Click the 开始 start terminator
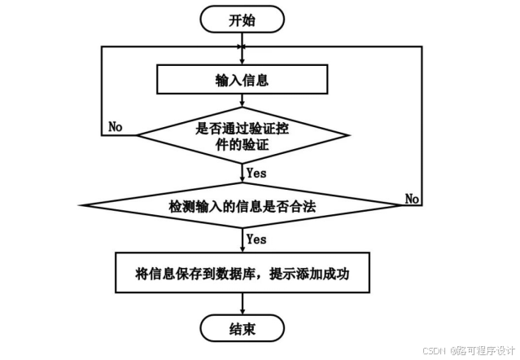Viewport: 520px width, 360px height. (x=242, y=20)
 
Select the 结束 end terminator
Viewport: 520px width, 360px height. (x=242, y=328)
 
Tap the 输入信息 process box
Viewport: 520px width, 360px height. (x=242, y=80)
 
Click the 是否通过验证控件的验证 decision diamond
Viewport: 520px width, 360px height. (x=243, y=135)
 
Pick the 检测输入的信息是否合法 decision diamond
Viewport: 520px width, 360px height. (x=242, y=205)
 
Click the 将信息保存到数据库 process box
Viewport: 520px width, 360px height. (x=243, y=273)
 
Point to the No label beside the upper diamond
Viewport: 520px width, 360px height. (x=116, y=127)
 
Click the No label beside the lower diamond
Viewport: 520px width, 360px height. (x=412, y=199)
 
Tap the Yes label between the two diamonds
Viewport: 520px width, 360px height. (x=256, y=173)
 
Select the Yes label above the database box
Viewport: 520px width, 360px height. (x=256, y=239)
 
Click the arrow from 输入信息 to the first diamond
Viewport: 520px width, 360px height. (x=243, y=100)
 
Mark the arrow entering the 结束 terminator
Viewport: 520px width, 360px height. (x=243, y=304)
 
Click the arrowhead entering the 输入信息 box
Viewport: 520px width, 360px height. (x=243, y=62)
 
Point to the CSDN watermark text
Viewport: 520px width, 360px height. (x=434, y=350)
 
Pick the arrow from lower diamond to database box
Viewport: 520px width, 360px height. (x=243, y=240)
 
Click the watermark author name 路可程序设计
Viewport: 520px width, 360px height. (x=486, y=350)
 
